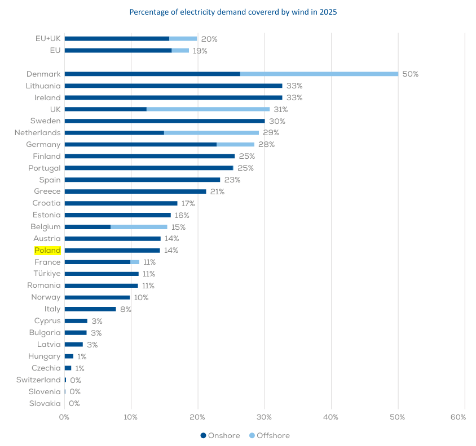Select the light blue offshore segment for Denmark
tap(319, 74)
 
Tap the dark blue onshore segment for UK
tap(105, 109)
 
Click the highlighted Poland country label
tap(47, 251)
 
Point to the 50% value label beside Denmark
tap(410, 74)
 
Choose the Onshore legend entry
tap(221, 435)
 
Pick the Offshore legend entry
tap(269, 435)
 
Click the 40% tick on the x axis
tap(331, 417)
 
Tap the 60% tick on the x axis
tap(458, 417)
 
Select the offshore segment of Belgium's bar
tap(139, 227)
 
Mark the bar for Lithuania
tap(173, 86)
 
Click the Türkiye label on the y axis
tap(47, 274)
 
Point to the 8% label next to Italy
tap(125, 309)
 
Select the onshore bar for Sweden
tap(165, 121)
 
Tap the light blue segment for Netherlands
tap(211, 133)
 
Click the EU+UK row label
tap(47, 39)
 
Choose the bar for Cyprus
tap(76, 321)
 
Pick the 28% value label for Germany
tap(266, 145)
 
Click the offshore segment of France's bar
tap(135, 262)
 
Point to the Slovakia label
tap(45, 404)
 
